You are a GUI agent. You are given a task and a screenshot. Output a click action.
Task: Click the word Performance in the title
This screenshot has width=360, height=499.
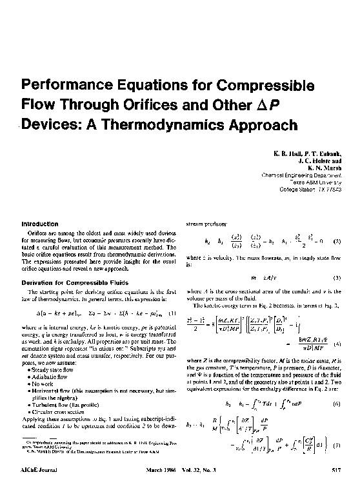(x=62, y=86)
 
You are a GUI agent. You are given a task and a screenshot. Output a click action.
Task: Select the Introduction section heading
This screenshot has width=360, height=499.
(x=40, y=224)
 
